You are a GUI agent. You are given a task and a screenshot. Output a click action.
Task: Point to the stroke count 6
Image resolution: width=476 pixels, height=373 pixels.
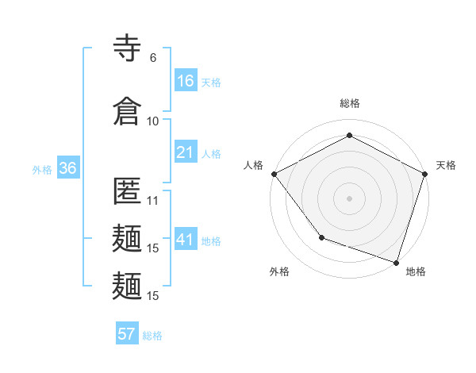point(153,58)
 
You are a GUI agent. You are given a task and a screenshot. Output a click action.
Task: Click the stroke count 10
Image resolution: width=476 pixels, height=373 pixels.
point(153,121)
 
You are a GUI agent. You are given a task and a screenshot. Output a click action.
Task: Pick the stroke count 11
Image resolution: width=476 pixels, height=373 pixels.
point(153,201)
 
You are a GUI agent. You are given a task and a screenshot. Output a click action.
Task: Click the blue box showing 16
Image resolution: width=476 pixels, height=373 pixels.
point(186,80)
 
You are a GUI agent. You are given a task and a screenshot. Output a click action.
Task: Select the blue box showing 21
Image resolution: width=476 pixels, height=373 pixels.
point(186,152)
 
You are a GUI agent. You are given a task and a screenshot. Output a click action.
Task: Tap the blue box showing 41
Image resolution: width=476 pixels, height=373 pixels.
point(186,239)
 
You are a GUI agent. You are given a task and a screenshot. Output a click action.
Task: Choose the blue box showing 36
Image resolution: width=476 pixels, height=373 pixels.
point(67,168)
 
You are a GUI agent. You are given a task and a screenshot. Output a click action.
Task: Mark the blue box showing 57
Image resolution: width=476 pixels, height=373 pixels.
point(126,334)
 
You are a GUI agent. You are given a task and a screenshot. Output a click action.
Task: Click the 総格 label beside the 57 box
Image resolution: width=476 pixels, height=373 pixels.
point(153,335)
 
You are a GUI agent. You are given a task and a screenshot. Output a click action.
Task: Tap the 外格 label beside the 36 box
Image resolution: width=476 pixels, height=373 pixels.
point(42,169)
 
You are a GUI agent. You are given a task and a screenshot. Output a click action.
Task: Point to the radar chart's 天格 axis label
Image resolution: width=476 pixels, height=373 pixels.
point(446,165)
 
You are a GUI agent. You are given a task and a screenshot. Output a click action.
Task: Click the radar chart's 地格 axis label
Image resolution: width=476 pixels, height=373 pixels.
point(416,271)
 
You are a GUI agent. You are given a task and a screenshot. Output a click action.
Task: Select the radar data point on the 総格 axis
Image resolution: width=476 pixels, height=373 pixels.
point(349,135)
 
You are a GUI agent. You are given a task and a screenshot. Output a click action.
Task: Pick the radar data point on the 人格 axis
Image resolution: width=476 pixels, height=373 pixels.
point(274,174)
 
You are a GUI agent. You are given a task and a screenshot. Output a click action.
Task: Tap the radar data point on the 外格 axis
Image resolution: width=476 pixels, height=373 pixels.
point(321,237)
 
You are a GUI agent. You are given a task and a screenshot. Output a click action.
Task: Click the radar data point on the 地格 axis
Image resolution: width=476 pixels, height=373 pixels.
point(396,262)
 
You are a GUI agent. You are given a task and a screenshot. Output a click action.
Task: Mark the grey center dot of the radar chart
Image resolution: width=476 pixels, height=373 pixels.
point(349,198)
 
